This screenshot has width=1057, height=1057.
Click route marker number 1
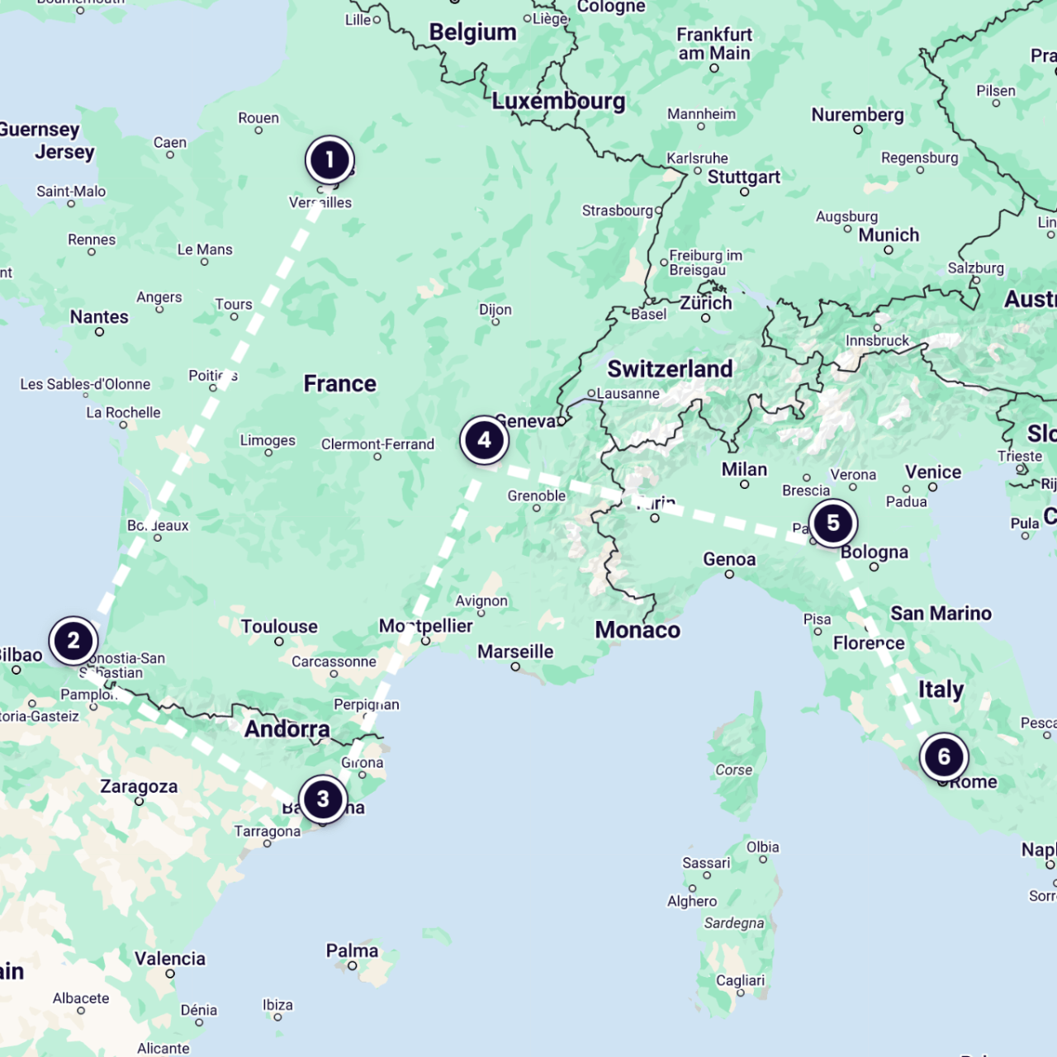point(329,159)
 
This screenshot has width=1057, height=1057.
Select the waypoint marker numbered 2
point(73,641)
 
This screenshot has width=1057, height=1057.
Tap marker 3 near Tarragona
point(323,799)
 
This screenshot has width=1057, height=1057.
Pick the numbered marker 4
point(484,440)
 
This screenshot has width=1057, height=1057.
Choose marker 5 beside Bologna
point(833,523)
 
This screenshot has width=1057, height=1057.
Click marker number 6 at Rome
point(944,756)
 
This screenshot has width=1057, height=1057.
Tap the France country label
point(339,384)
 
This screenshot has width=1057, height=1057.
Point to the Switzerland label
point(670,369)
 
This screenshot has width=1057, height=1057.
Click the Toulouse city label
point(279,627)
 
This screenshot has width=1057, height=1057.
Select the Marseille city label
point(515,652)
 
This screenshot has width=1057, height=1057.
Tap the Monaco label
point(638,630)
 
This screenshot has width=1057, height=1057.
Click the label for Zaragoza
point(139,786)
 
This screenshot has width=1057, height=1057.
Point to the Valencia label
point(170,959)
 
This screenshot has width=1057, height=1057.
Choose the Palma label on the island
point(352,950)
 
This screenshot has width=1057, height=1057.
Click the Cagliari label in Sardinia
point(740,980)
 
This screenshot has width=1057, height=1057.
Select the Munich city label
point(889,235)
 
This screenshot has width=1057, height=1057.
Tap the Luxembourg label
point(558,102)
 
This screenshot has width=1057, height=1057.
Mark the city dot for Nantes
point(99,332)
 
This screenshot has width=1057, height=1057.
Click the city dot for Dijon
point(495,322)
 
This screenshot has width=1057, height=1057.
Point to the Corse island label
point(733,770)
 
